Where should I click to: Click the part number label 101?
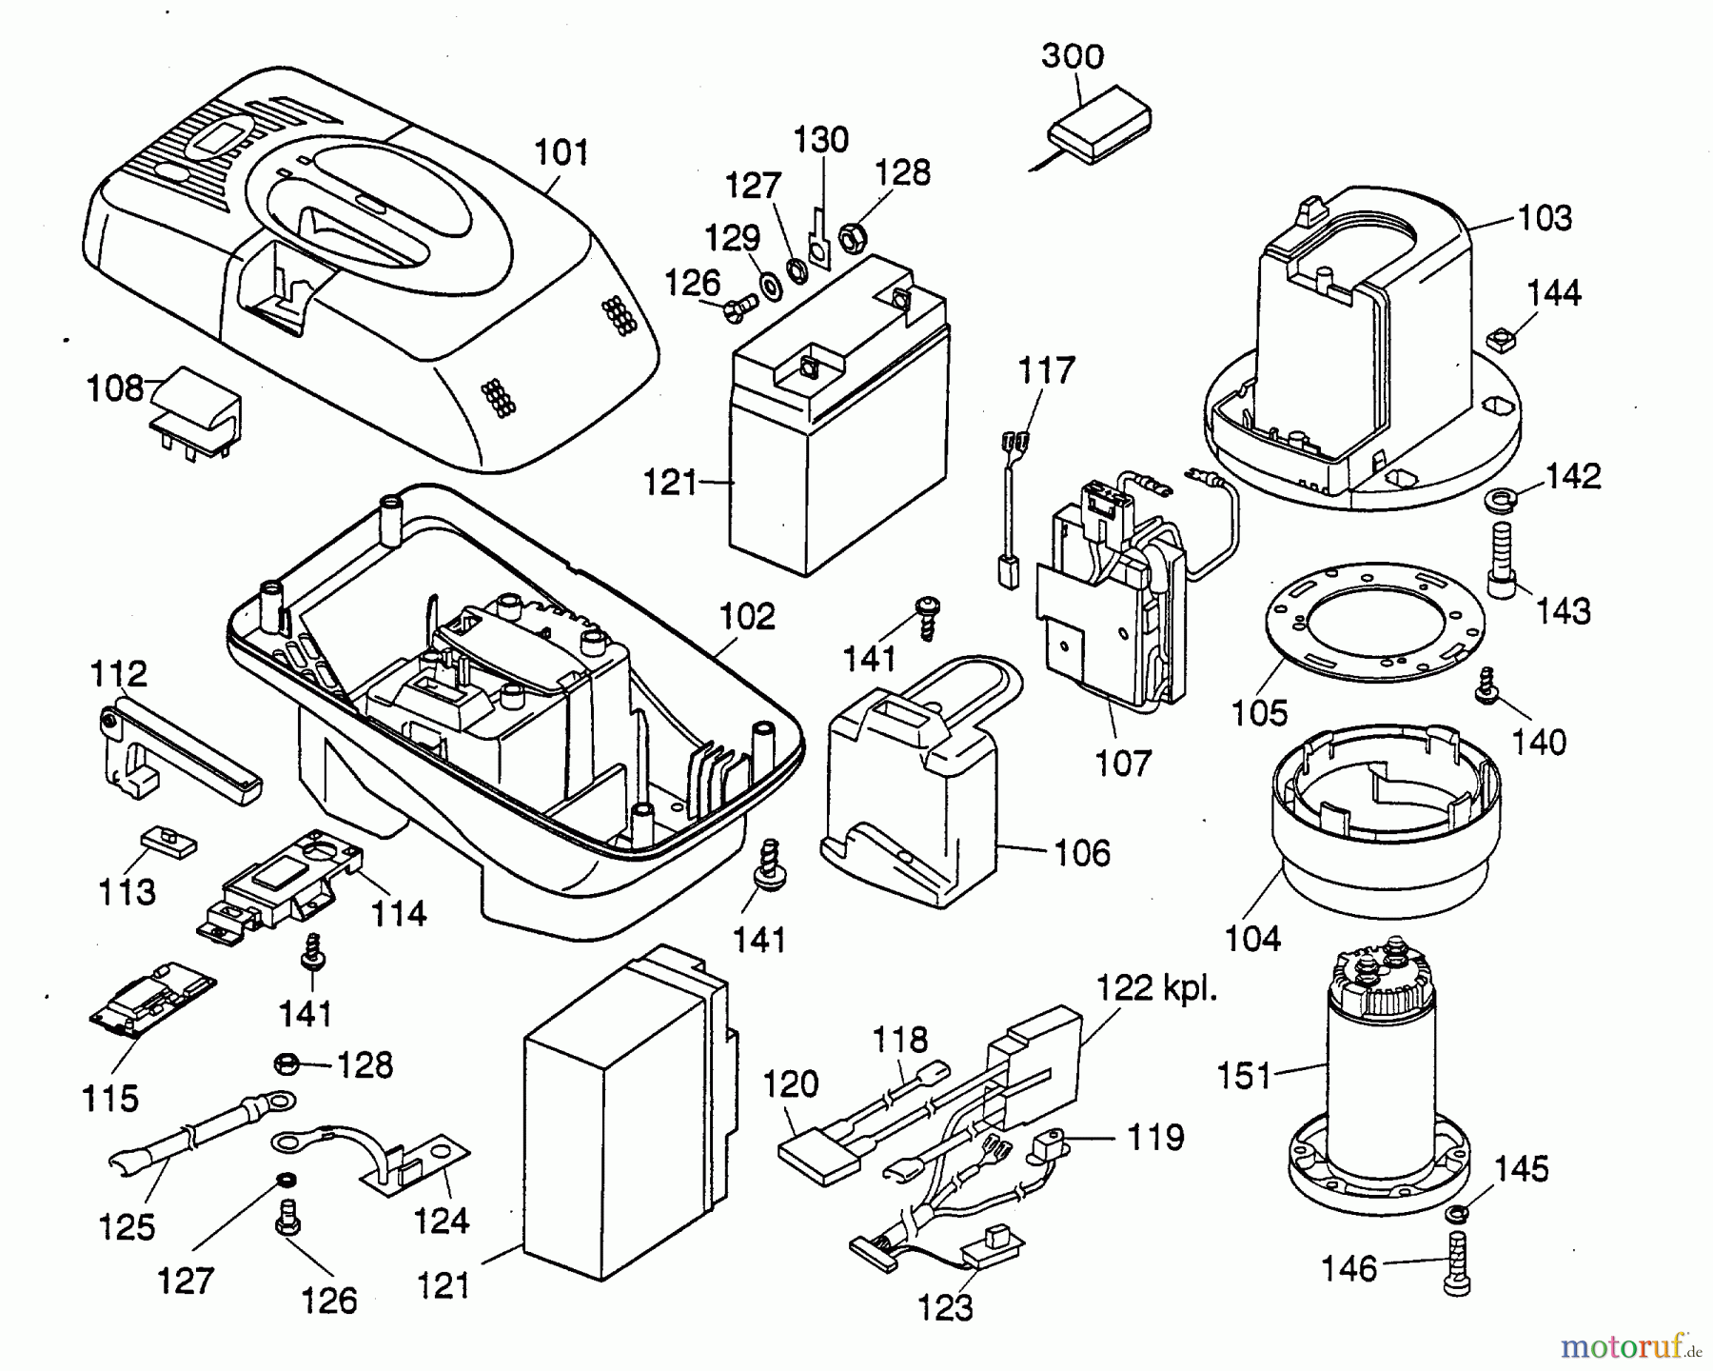(x=561, y=152)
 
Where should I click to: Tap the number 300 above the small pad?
(x=1073, y=56)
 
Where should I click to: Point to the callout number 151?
(x=1245, y=1077)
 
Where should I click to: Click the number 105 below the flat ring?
(x=1260, y=712)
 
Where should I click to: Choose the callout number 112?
(x=119, y=674)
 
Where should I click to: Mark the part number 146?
(x=1349, y=1268)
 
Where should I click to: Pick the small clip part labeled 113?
(x=170, y=840)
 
